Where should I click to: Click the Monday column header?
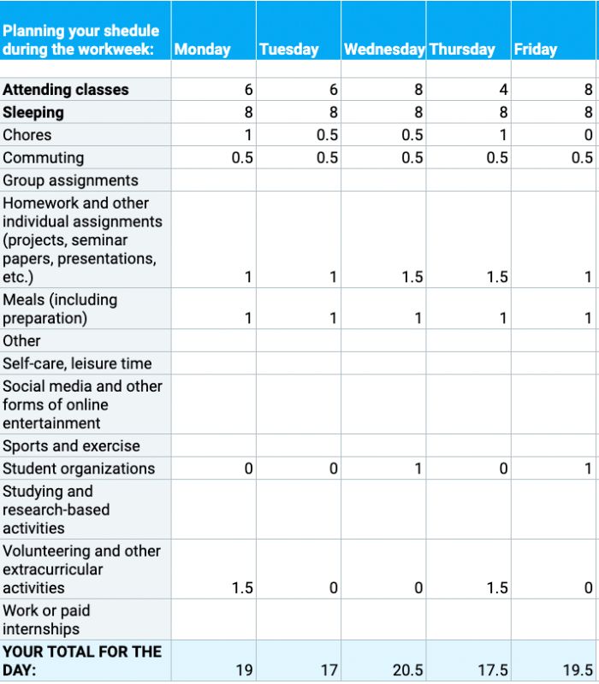tap(203, 50)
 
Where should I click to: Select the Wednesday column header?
tap(384, 50)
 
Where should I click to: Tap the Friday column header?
tap(536, 50)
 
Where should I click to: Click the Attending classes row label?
tap(66, 90)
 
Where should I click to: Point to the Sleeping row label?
tap(33, 112)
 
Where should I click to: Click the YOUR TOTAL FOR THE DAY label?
tap(81, 661)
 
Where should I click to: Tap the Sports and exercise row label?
tap(71, 446)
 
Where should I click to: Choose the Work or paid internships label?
tap(46, 620)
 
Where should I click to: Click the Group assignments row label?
tap(70, 180)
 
